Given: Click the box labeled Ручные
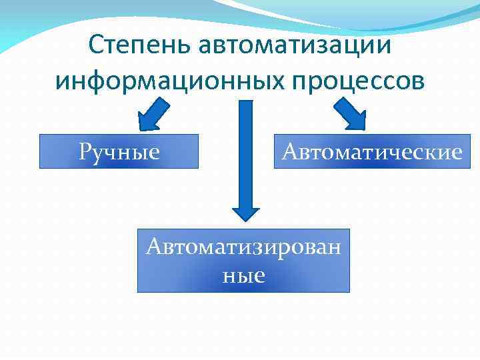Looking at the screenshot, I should [x=119, y=151].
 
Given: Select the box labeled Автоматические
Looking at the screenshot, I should [x=372, y=151].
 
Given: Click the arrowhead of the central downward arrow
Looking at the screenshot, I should [x=245, y=211].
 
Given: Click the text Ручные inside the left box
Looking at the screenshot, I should [x=119, y=152].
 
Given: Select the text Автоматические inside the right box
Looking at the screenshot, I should [x=372, y=152].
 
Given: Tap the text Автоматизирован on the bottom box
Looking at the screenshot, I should [x=243, y=247].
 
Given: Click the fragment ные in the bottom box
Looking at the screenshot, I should [x=243, y=274].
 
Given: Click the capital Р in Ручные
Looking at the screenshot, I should [x=85, y=152].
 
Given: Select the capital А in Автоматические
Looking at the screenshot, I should [x=290, y=152].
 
